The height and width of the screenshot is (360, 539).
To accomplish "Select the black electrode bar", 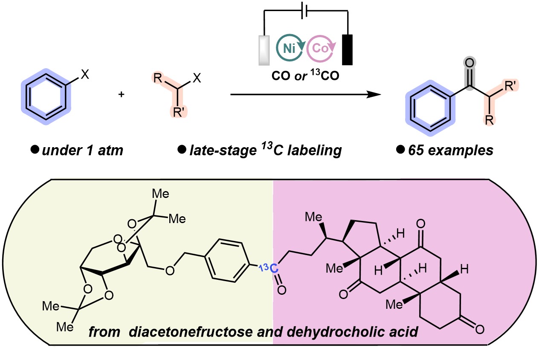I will click(348, 49).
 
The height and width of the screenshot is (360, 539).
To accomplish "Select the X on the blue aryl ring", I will click(85, 75).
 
